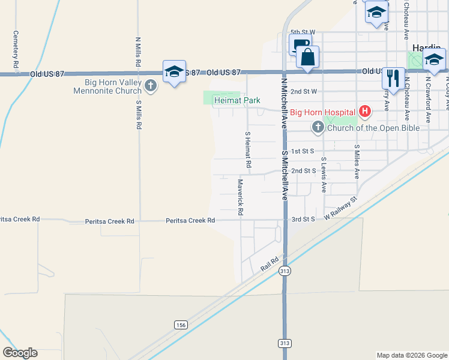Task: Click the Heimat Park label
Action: [x=238, y=100]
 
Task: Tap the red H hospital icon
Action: [x=364, y=111]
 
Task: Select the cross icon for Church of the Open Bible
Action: [x=318, y=127]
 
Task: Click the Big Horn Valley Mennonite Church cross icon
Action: [x=150, y=86]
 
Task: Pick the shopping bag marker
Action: [x=307, y=58]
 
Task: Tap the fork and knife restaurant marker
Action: [x=393, y=78]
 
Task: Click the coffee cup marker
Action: [x=300, y=46]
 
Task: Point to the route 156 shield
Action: [x=181, y=325]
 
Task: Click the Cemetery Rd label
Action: [x=16, y=49]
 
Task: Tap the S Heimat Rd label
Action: [x=247, y=149]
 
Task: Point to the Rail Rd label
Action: [x=271, y=264]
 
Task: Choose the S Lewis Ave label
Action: [x=324, y=175]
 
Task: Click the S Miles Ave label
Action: [x=357, y=161]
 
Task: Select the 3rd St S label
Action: [x=303, y=220]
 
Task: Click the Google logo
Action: [x=20, y=353]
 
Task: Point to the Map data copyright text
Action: [x=411, y=355]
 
